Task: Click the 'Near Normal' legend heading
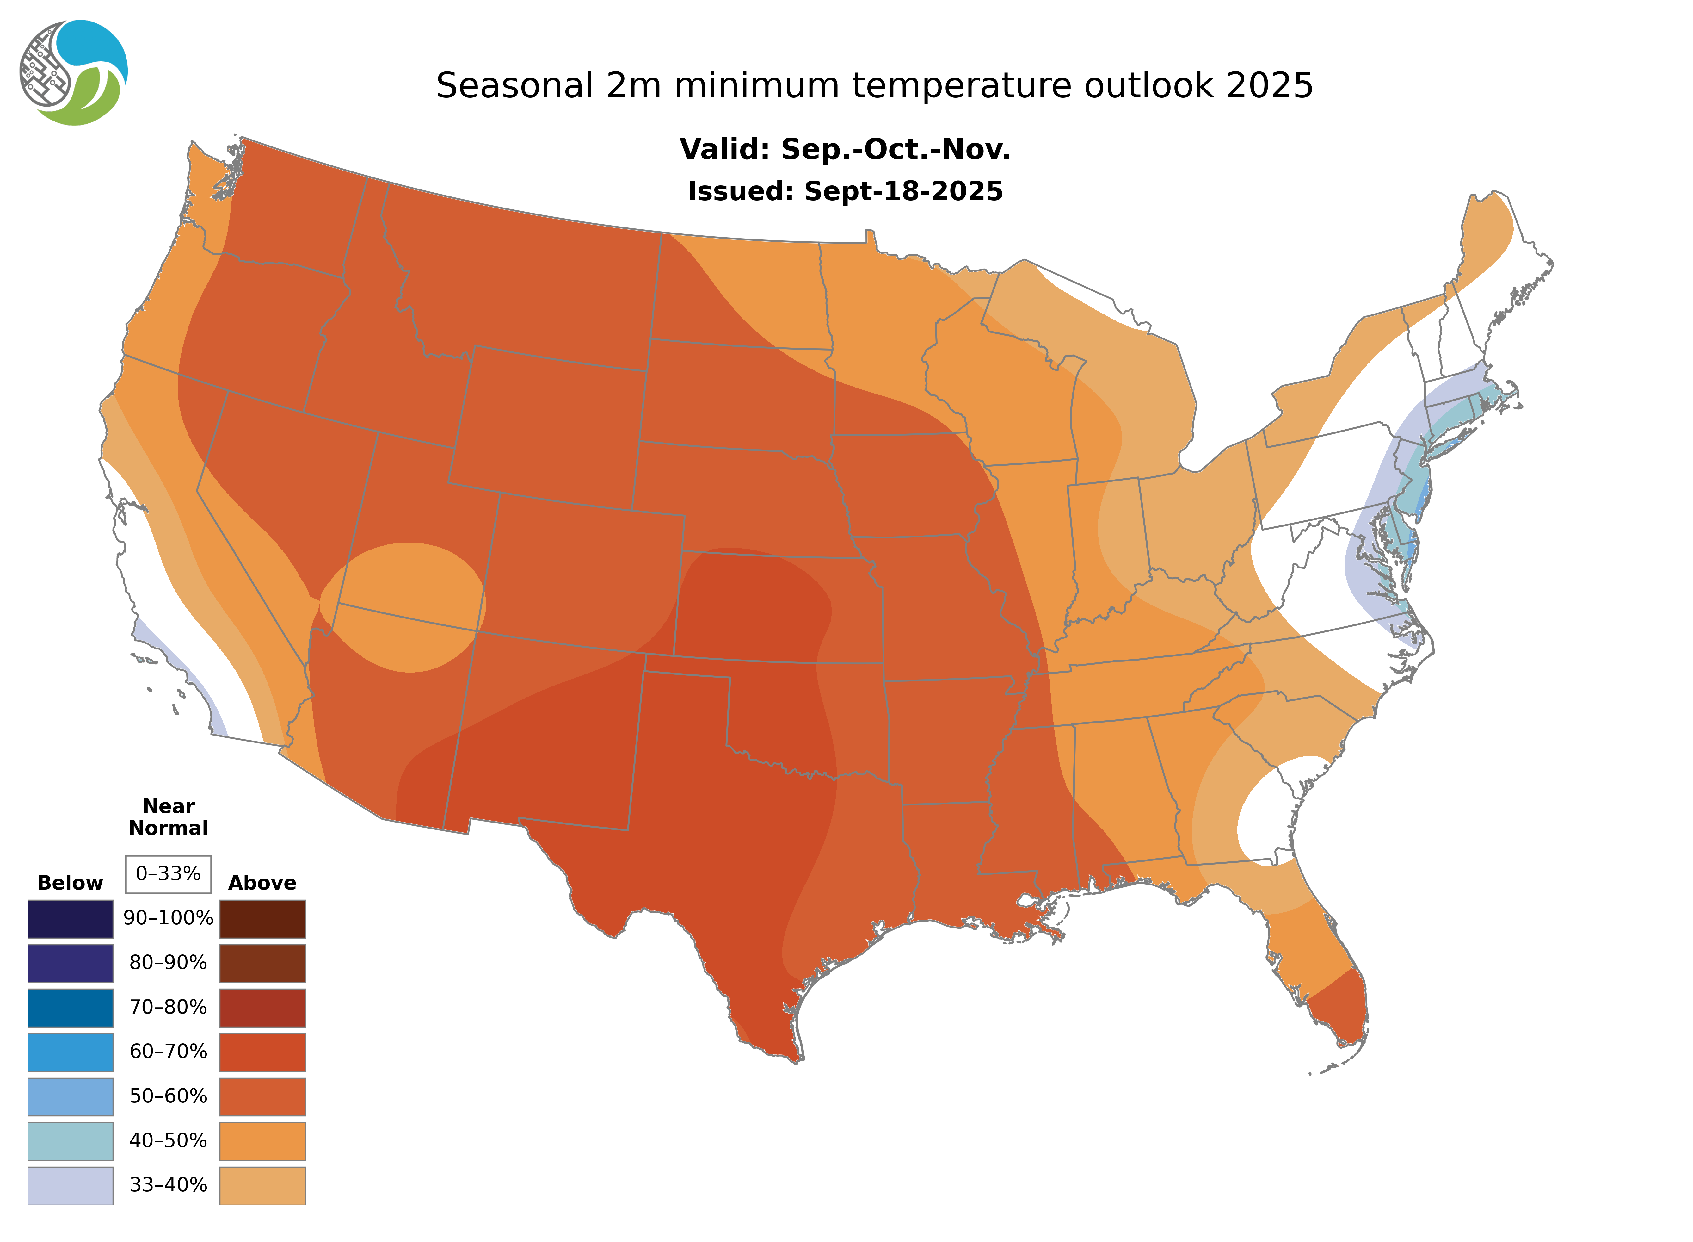(168, 817)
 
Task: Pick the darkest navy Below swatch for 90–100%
(70, 919)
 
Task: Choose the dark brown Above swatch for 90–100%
(262, 919)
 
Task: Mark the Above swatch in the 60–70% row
(262, 1052)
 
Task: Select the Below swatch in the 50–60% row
(70, 1096)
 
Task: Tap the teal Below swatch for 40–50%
(70, 1140)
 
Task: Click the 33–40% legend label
(168, 1185)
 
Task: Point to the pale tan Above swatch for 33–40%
(262, 1185)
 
